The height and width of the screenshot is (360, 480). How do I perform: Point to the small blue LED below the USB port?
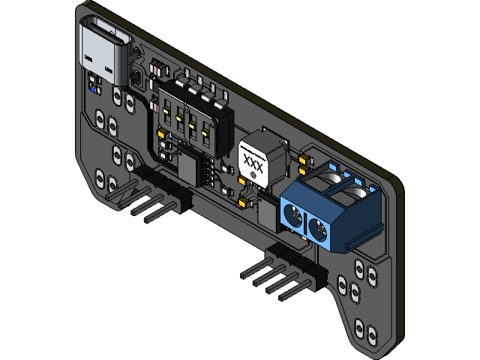[93, 88]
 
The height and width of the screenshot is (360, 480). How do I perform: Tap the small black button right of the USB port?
[136, 78]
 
